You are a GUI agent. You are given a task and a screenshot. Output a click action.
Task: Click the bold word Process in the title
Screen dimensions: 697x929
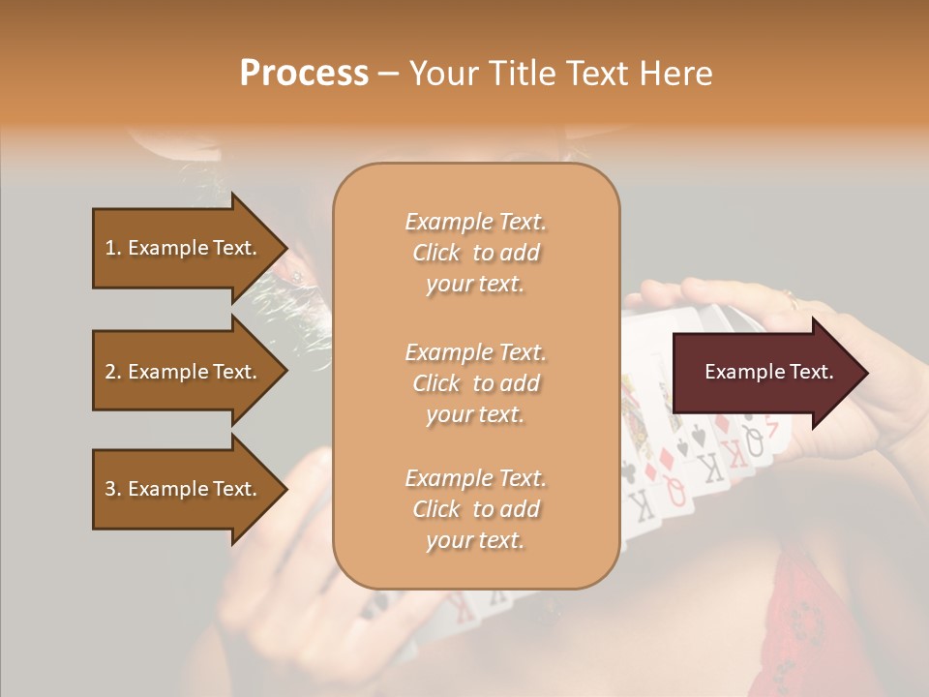point(303,74)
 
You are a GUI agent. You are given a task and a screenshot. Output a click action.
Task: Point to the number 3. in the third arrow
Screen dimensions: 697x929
point(113,489)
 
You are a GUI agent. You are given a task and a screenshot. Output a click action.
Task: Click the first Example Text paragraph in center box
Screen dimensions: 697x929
point(475,253)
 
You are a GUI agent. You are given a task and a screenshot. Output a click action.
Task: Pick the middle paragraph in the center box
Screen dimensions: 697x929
point(475,383)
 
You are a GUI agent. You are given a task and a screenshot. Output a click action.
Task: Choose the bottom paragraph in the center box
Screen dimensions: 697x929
point(475,509)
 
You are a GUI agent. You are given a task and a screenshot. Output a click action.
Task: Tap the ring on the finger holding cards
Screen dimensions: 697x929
point(793,297)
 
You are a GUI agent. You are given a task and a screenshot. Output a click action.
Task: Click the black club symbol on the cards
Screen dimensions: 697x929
point(628,471)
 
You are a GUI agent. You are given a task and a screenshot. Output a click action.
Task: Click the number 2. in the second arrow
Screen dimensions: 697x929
point(113,372)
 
